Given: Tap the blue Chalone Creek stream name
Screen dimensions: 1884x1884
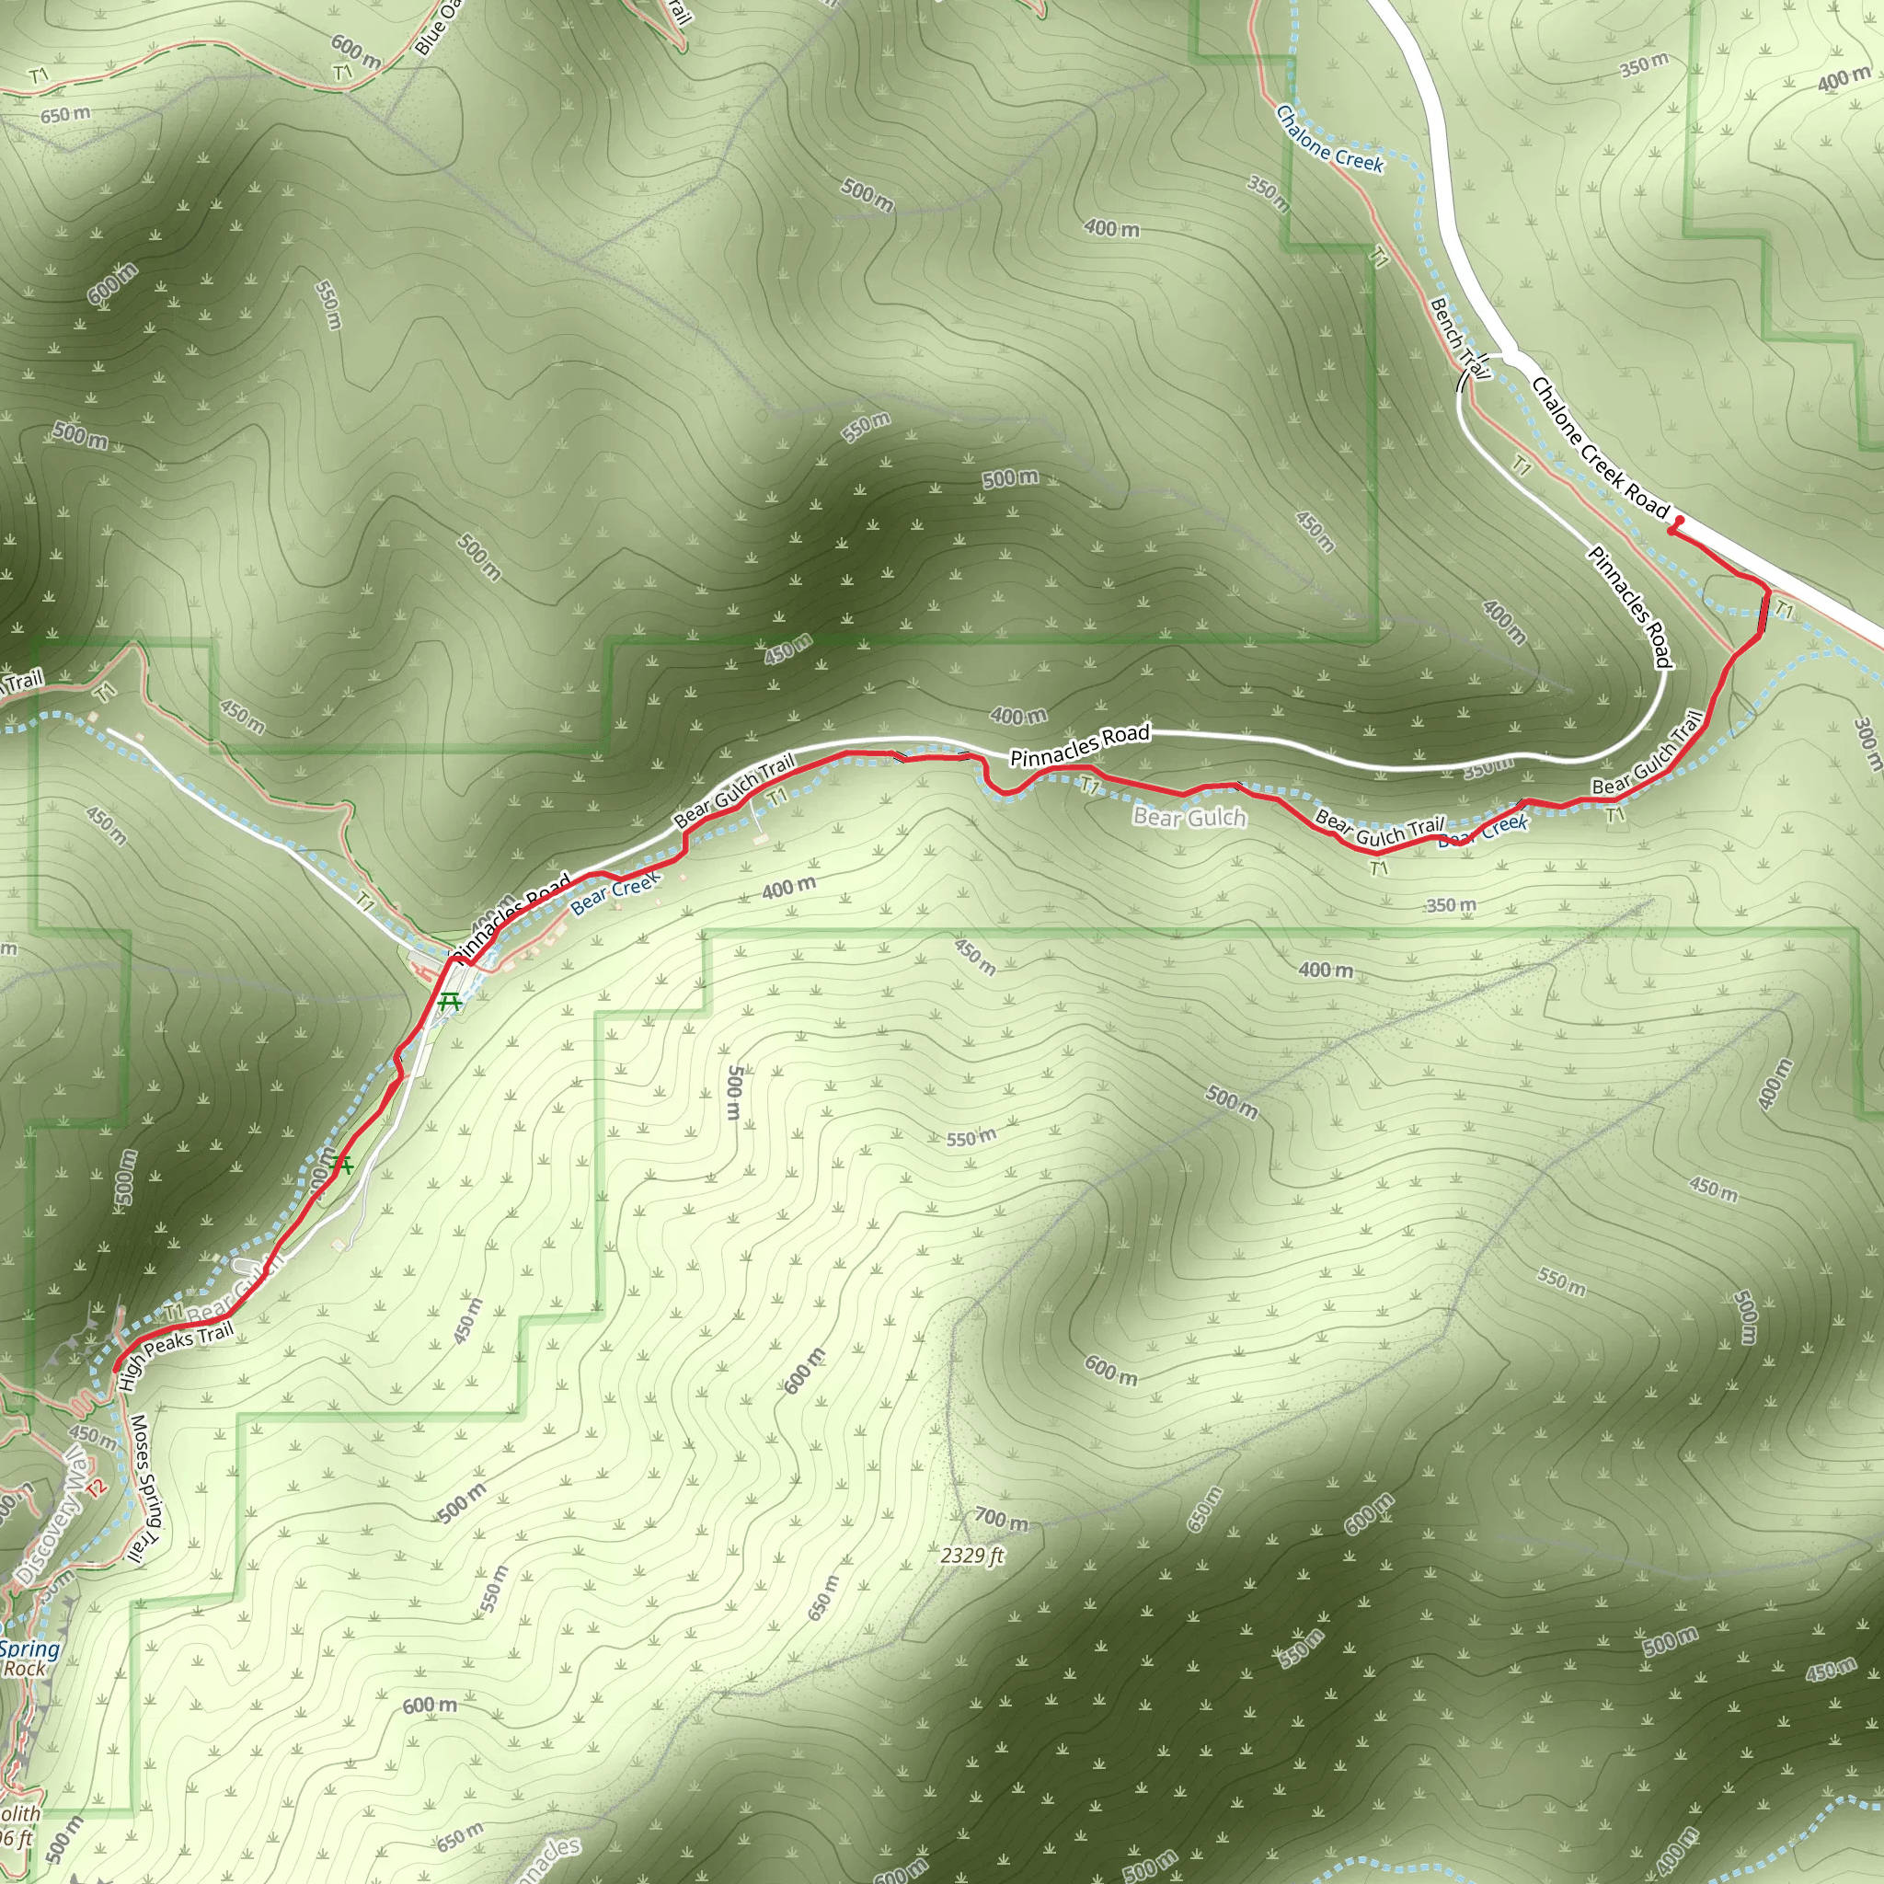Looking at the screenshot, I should pos(1329,141).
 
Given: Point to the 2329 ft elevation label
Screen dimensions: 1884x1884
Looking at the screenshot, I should pos(971,1556).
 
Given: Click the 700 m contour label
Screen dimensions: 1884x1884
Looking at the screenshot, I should pos(1001,1520).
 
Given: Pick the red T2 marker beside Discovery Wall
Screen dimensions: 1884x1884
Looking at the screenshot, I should pos(95,1488).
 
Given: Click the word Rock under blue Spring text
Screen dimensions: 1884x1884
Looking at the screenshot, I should pos(25,1669).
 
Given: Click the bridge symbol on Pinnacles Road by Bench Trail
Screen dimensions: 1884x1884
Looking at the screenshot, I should pos(1463,381).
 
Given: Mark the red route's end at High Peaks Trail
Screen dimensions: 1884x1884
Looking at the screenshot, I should pos(116,1370).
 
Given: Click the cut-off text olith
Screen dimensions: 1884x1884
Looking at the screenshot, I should pos(19,1815).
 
